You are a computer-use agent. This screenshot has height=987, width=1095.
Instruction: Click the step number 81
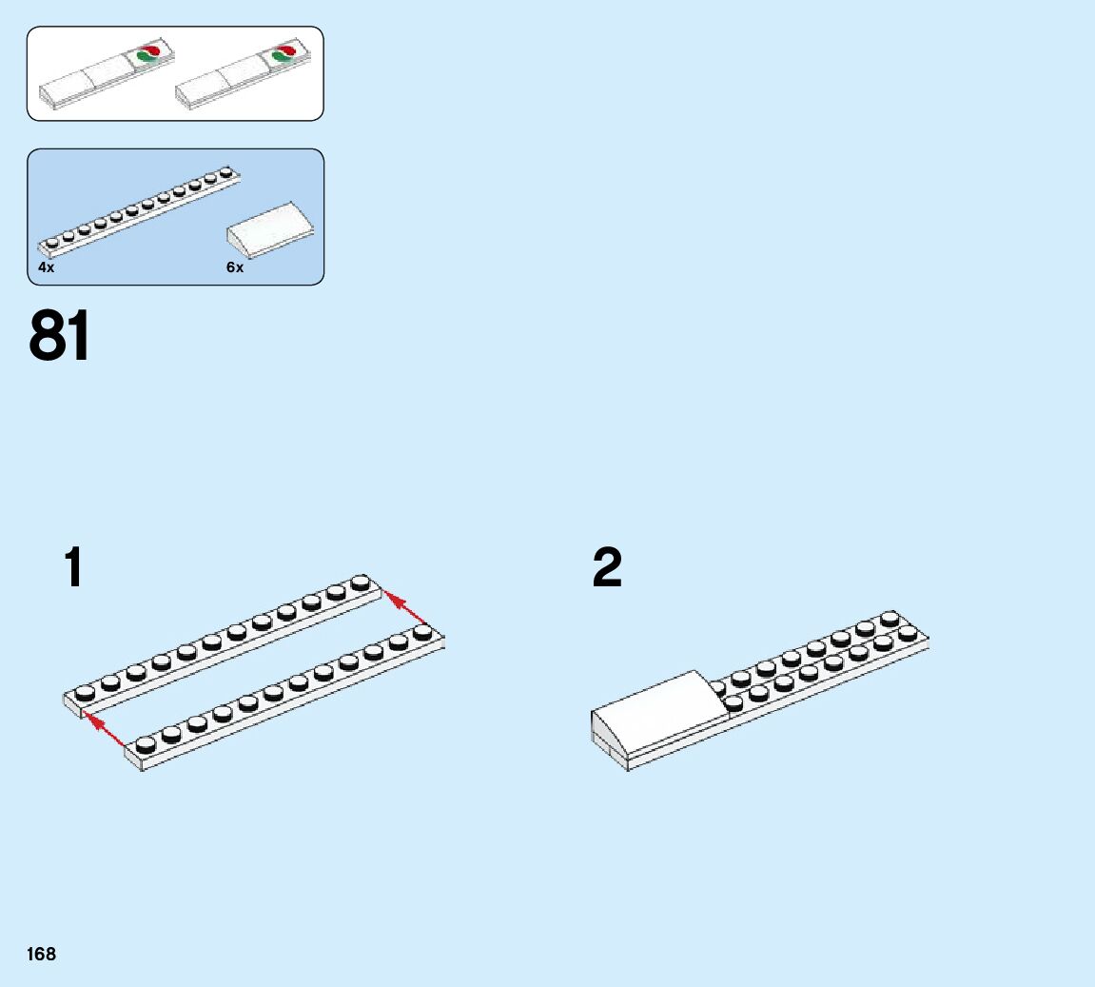60,337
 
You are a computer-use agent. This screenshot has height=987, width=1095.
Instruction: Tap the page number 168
42,954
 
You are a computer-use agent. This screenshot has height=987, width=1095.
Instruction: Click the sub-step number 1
73,568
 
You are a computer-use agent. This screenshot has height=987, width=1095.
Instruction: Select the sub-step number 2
607,568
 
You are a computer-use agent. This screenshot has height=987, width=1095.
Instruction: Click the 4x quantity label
47,268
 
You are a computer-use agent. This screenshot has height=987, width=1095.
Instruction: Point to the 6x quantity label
235,268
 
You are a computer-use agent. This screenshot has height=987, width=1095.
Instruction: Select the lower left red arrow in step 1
105,728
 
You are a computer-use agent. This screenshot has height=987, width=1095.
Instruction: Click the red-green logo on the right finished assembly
284,54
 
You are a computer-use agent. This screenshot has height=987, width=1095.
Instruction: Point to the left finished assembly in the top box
106,75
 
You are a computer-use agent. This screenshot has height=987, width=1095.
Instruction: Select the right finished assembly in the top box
243,75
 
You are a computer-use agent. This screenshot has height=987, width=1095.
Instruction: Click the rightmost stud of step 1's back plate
361,582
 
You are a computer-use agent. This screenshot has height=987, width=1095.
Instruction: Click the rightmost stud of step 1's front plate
423,632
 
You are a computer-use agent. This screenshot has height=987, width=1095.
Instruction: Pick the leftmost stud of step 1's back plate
85,691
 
